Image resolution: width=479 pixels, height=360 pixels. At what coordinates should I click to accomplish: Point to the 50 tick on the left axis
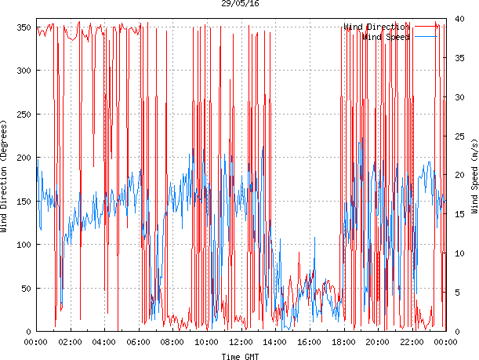coord(24,289)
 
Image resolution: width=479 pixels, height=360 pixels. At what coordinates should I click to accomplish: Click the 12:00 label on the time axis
coord(241,342)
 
